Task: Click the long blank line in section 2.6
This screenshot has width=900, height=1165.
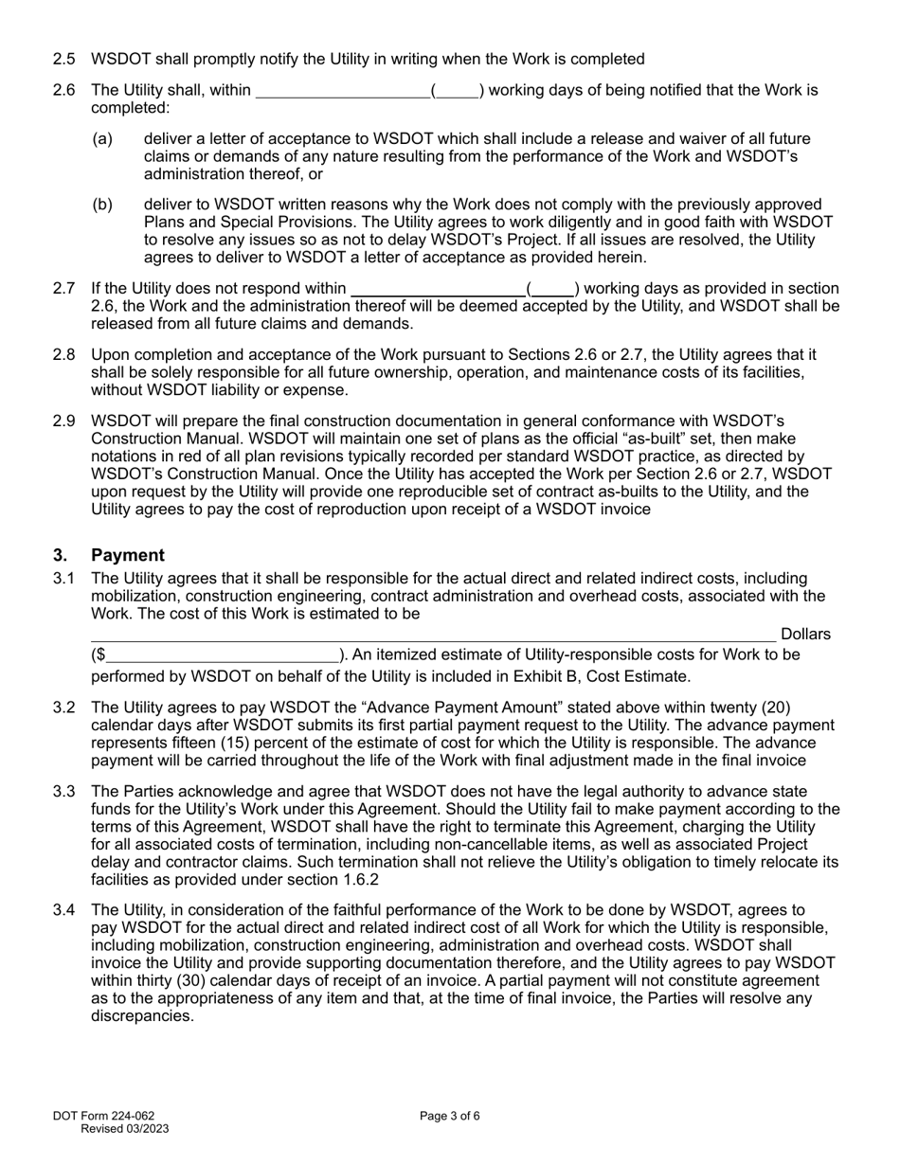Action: (343, 92)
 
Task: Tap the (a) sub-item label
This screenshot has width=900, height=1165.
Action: (102, 139)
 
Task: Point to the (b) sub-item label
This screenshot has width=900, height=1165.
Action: (102, 205)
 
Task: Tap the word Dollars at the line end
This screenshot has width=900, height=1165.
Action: (805, 635)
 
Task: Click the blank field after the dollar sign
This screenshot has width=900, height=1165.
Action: (222, 655)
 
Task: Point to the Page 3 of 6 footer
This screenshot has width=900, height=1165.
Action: (450, 1116)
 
